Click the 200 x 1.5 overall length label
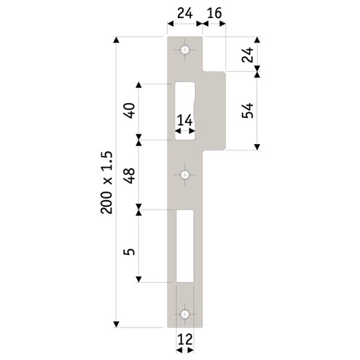point(107,181)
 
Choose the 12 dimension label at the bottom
point(185,338)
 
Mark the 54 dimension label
point(247,109)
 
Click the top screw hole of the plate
point(186,50)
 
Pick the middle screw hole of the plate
point(186,175)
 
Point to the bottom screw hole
point(186,314)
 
